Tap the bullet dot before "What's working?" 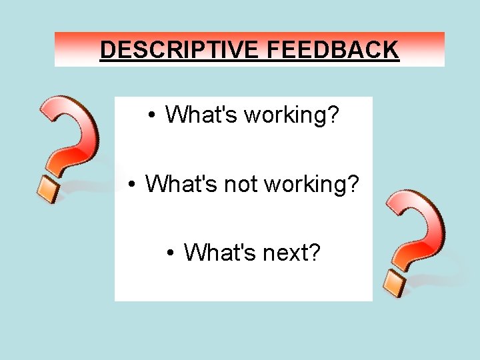(153, 115)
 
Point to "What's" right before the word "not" (181, 183)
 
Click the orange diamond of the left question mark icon (49, 189)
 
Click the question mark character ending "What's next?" (313, 253)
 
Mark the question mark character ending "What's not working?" (353, 183)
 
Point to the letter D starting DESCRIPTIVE (107, 50)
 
